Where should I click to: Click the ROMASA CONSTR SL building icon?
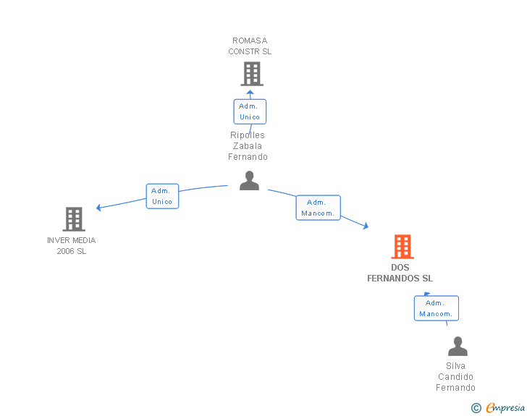(x=251, y=74)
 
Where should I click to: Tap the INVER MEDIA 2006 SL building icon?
(x=73, y=219)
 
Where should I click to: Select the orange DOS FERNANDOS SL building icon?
(x=402, y=247)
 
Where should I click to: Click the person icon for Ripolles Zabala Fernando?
(x=249, y=181)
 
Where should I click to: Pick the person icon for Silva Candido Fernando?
(x=458, y=347)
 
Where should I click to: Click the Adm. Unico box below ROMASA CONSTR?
(x=250, y=111)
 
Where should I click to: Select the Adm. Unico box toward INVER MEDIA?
(x=162, y=196)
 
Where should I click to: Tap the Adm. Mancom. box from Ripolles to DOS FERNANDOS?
(x=318, y=208)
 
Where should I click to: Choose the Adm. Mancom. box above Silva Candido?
(x=436, y=308)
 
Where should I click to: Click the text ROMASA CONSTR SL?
(x=250, y=46)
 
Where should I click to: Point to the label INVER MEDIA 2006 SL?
(x=72, y=245)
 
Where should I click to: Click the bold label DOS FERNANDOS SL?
(x=400, y=273)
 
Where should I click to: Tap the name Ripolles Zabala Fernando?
(x=248, y=146)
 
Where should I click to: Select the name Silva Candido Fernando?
(x=456, y=377)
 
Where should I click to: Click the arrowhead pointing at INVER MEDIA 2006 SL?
(x=99, y=208)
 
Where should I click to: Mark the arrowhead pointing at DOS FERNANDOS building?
(x=366, y=226)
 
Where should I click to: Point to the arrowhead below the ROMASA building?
(x=250, y=93)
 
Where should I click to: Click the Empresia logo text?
(x=505, y=408)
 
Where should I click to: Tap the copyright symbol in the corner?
(x=476, y=408)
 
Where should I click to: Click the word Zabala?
(x=248, y=146)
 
